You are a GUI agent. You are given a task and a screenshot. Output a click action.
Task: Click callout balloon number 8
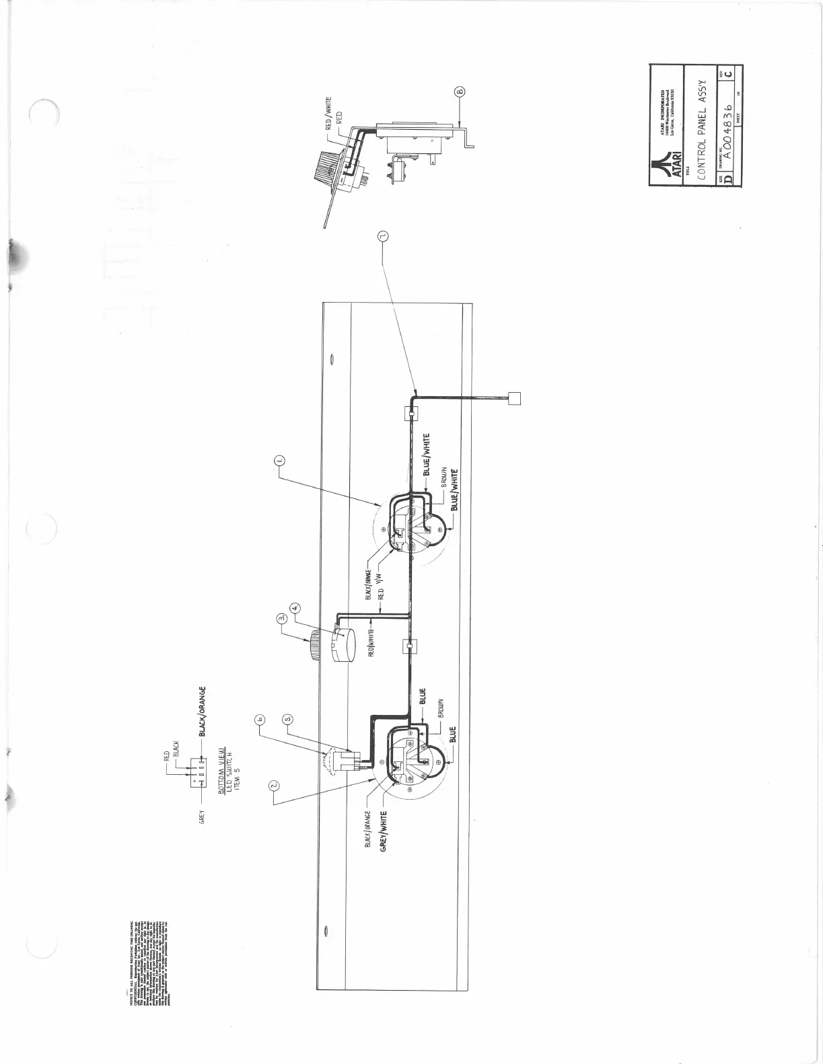pos(461,92)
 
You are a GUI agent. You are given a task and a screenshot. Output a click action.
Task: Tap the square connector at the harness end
pos(514,397)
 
